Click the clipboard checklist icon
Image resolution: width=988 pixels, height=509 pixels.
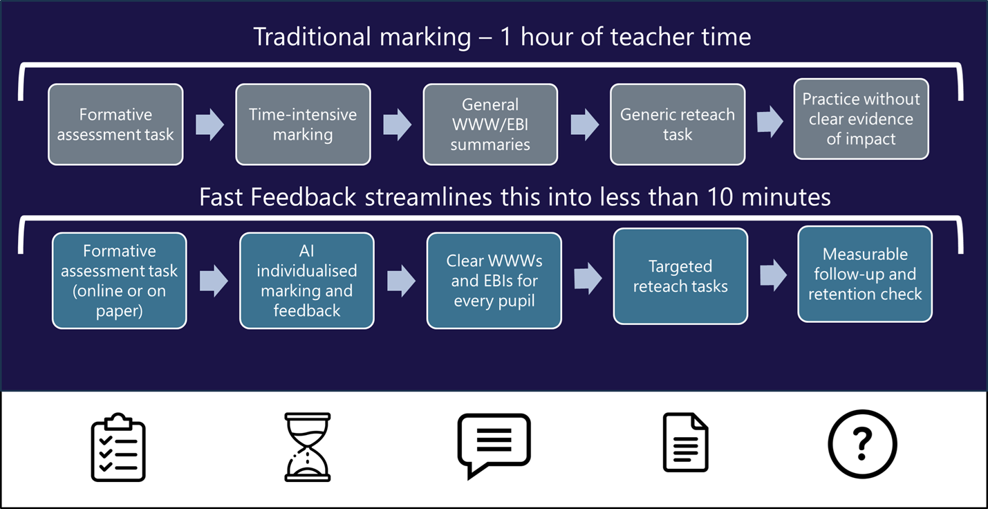pyautogui.click(x=118, y=447)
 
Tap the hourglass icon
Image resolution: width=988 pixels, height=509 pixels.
pyautogui.click(x=308, y=447)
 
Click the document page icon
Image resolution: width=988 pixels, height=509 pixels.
pyautogui.click(x=685, y=443)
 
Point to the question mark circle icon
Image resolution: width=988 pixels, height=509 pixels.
pyautogui.click(x=862, y=445)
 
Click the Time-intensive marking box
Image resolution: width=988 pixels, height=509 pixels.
pyautogui.click(x=303, y=124)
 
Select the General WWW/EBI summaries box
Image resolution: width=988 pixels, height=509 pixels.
pyautogui.click(x=490, y=124)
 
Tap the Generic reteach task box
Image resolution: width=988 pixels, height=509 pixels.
pyautogui.click(x=678, y=124)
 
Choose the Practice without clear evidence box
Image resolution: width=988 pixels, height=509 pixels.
pyautogui.click(x=861, y=119)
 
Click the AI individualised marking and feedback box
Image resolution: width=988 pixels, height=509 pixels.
pyautogui.click(x=307, y=280)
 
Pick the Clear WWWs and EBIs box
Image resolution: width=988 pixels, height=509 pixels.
pyautogui.click(x=494, y=280)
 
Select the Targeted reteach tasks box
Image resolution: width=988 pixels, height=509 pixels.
pyautogui.click(x=680, y=276)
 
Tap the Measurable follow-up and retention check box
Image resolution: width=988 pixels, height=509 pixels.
pyautogui.click(x=865, y=274)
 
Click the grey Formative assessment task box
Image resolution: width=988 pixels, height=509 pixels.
pyautogui.click(x=115, y=124)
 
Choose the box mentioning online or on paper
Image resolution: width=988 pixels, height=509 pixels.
pyautogui.click(x=119, y=280)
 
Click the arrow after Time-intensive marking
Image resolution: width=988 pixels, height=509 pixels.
pyautogui.click(x=397, y=124)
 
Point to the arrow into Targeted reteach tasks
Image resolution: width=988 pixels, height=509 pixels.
pyautogui.click(x=588, y=279)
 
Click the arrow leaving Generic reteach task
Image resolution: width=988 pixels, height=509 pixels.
pyautogui.click(x=770, y=122)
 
